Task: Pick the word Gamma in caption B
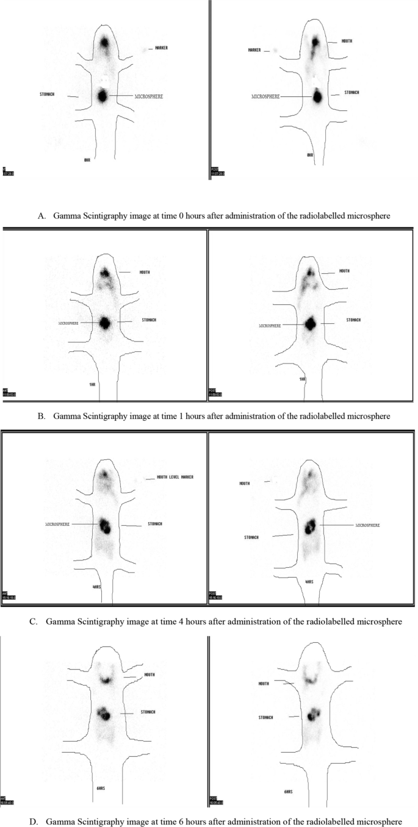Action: click(67, 417)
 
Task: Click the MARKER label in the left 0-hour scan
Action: click(162, 48)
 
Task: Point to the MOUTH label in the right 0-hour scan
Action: click(345, 41)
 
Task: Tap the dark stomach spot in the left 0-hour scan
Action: click(102, 96)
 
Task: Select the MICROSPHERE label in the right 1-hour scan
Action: click(269, 326)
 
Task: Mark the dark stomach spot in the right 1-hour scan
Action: click(311, 323)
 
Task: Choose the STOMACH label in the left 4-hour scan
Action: click(155, 524)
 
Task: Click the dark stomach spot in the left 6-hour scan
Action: click(104, 713)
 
